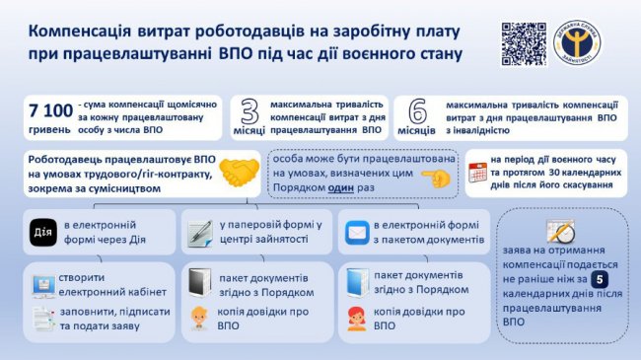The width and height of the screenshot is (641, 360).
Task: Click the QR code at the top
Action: (x=523, y=43)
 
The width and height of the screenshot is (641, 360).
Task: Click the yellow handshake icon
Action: (x=239, y=174)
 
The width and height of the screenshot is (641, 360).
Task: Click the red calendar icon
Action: (x=477, y=172)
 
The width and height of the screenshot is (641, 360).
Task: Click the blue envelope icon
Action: (x=355, y=232)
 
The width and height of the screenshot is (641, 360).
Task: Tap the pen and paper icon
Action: (x=200, y=232)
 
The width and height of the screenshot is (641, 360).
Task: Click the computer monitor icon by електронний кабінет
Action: (x=43, y=285)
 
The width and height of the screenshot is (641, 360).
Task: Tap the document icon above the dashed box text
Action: (x=559, y=231)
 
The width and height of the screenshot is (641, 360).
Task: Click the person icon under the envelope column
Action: (x=356, y=319)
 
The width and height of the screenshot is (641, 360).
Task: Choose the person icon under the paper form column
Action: (x=199, y=319)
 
